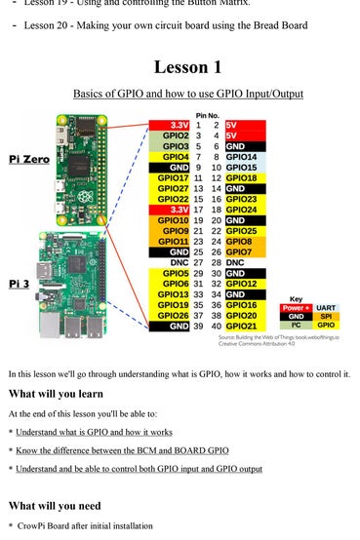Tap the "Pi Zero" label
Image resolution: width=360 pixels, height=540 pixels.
[x=30, y=158]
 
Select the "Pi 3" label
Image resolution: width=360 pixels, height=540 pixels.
[x=22, y=284]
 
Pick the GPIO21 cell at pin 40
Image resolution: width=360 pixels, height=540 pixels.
[x=241, y=326]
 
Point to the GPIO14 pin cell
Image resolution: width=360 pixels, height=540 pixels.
[x=240, y=156]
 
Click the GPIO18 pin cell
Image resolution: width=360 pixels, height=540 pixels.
[x=241, y=177]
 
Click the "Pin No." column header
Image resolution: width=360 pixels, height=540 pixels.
[x=207, y=116]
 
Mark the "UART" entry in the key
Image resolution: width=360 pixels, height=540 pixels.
[x=326, y=307]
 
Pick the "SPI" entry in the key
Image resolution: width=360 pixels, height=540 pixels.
[x=326, y=316]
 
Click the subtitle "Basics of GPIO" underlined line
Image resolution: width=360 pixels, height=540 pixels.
[x=187, y=94]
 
